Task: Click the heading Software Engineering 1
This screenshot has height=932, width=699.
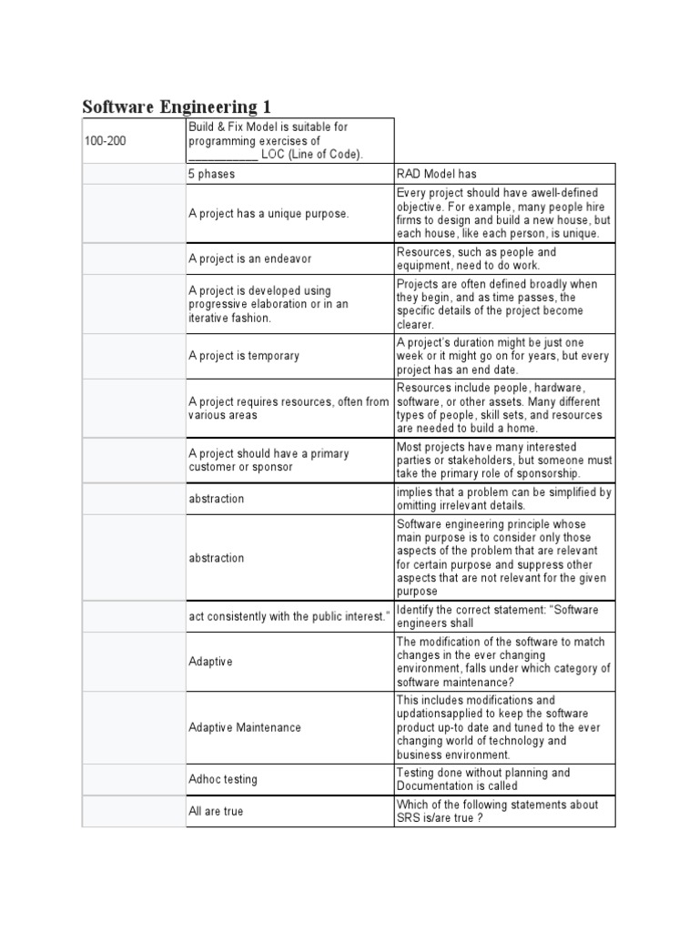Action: (177, 106)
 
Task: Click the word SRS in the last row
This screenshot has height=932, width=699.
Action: (408, 817)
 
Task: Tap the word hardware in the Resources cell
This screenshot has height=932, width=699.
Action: (559, 389)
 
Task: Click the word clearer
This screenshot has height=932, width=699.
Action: (415, 324)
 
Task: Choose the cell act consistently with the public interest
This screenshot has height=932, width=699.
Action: (289, 616)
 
